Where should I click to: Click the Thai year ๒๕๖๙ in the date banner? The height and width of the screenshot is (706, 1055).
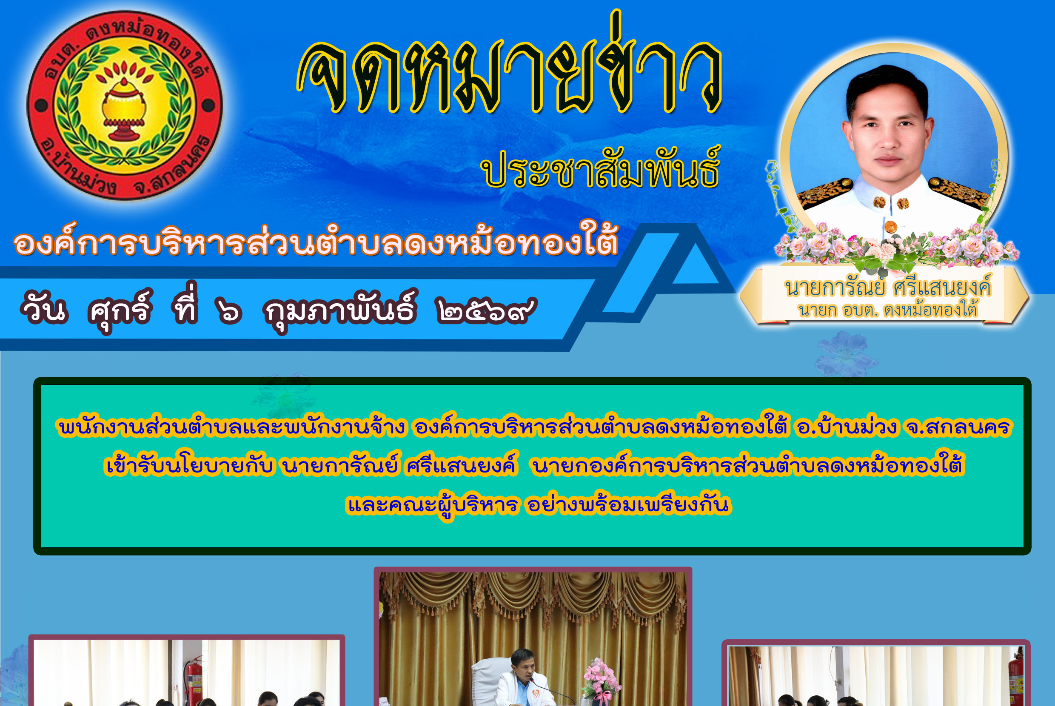pyautogui.click(x=486, y=310)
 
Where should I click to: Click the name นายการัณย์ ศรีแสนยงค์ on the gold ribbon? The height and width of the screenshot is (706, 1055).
pyautogui.click(x=887, y=287)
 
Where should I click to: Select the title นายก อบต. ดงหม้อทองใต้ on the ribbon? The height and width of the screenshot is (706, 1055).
pyautogui.click(x=887, y=310)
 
